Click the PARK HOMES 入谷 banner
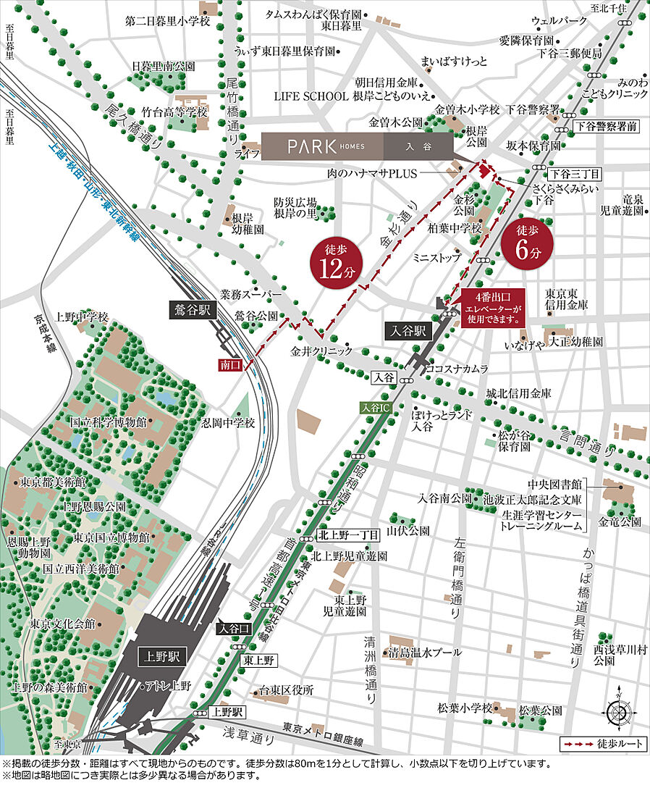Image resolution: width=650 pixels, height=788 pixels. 358,146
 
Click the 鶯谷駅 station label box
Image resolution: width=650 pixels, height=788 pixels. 194,308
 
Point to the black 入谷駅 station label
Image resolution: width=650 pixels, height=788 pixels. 410,332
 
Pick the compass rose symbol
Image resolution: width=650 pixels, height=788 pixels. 620,713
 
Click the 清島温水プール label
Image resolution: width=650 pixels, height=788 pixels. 425,652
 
